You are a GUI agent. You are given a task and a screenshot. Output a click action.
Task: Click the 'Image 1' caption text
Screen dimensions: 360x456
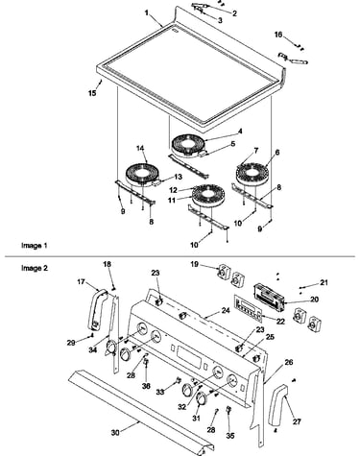[x=35, y=246]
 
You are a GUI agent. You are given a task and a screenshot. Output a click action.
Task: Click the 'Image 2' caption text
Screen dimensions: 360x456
[x=35, y=268]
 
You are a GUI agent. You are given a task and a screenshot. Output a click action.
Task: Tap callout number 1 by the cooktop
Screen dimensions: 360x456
[x=147, y=12]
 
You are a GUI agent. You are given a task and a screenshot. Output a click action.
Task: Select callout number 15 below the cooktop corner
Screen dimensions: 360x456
[x=92, y=93]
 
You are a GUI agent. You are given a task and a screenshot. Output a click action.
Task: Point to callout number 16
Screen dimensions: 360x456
[x=278, y=34]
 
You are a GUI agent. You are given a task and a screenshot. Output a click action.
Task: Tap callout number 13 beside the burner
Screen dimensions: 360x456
[x=178, y=177]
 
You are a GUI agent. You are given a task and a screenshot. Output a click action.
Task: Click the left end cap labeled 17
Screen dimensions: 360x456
[x=97, y=309]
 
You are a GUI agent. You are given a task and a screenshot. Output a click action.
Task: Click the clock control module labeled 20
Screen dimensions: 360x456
[x=269, y=298]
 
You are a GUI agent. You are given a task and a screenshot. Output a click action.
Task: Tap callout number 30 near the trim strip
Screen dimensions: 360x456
[x=115, y=433]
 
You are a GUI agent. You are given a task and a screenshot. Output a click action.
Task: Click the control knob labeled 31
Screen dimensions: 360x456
[x=202, y=398]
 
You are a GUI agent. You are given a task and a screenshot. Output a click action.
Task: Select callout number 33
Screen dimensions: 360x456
[x=160, y=392]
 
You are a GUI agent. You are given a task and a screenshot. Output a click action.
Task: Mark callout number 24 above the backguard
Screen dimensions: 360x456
[x=226, y=310]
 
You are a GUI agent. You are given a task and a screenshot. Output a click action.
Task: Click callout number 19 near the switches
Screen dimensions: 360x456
[x=194, y=264]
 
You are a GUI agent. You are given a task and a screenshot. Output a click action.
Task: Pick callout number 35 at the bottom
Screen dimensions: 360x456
[x=230, y=436]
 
